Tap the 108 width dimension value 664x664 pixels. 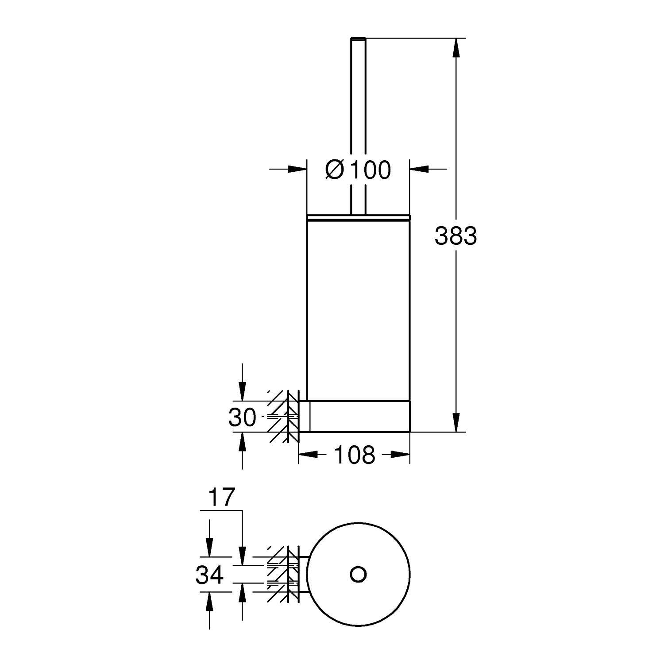pyautogui.click(x=355, y=455)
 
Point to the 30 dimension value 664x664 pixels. pyautogui.click(x=243, y=417)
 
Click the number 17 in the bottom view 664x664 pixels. pyautogui.click(x=221, y=498)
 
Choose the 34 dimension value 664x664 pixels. pyautogui.click(x=210, y=575)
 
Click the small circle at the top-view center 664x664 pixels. pyautogui.click(x=358, y=574)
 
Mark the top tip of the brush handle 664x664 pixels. pyautogui.click(x=358, y=39)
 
